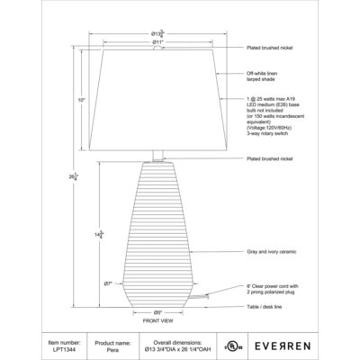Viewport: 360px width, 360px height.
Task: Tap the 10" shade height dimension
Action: coord(82,100)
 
